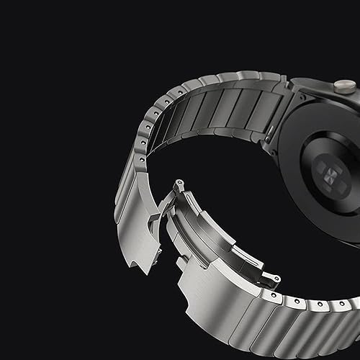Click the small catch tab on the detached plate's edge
point(160,216)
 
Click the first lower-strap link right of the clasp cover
point(284,317)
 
